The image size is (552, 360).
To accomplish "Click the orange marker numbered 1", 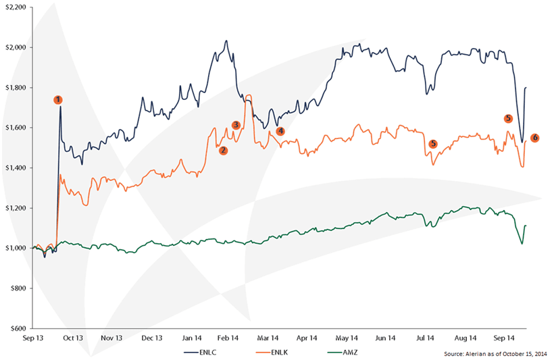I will pyautogui.click(x=58, y=100).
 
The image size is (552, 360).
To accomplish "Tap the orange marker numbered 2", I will pyautogui.click(x=223, y=151).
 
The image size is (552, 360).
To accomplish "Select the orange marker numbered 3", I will pyautogui.click(x=236, y=125).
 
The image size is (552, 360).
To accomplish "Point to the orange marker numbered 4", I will pyautogui.click(x=280, y=131).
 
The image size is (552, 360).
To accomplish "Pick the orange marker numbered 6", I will pyautogui.click(x=535, y=138).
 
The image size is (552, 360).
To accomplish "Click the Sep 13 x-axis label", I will pyautogui.click(x=34, y=337).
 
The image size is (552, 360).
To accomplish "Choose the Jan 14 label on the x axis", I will pyautogui.click(x=191, y=337).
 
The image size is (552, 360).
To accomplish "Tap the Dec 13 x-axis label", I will pyautogui.click(x=152, y=337).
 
